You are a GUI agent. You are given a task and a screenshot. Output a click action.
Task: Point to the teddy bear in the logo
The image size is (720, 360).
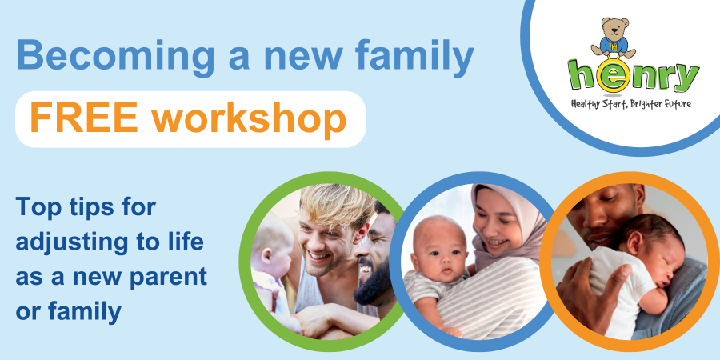(614, 37)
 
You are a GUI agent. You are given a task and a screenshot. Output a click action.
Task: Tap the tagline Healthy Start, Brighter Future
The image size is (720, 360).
(630, 104)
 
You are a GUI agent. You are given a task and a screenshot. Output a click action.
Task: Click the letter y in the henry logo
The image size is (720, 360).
(685, 80)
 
